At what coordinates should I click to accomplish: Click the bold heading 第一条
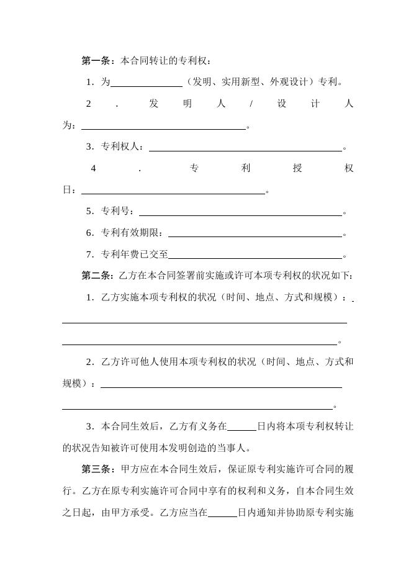96,61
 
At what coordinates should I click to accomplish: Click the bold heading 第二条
96,276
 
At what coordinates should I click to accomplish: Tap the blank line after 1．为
147,83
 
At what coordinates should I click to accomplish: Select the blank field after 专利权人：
245,148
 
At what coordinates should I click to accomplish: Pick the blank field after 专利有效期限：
255,234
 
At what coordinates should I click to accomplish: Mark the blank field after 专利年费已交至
255,255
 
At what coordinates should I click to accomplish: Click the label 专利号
116,212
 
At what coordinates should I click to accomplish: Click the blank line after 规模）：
221,386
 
